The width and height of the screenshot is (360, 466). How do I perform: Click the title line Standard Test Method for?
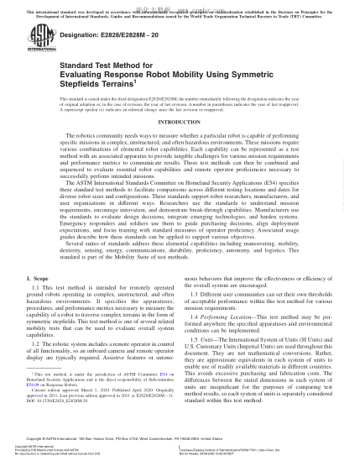[x=106, y=65]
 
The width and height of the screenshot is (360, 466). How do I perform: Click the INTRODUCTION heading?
[x=180, y=122]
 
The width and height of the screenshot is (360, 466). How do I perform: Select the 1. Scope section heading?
[x=38, y=278]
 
